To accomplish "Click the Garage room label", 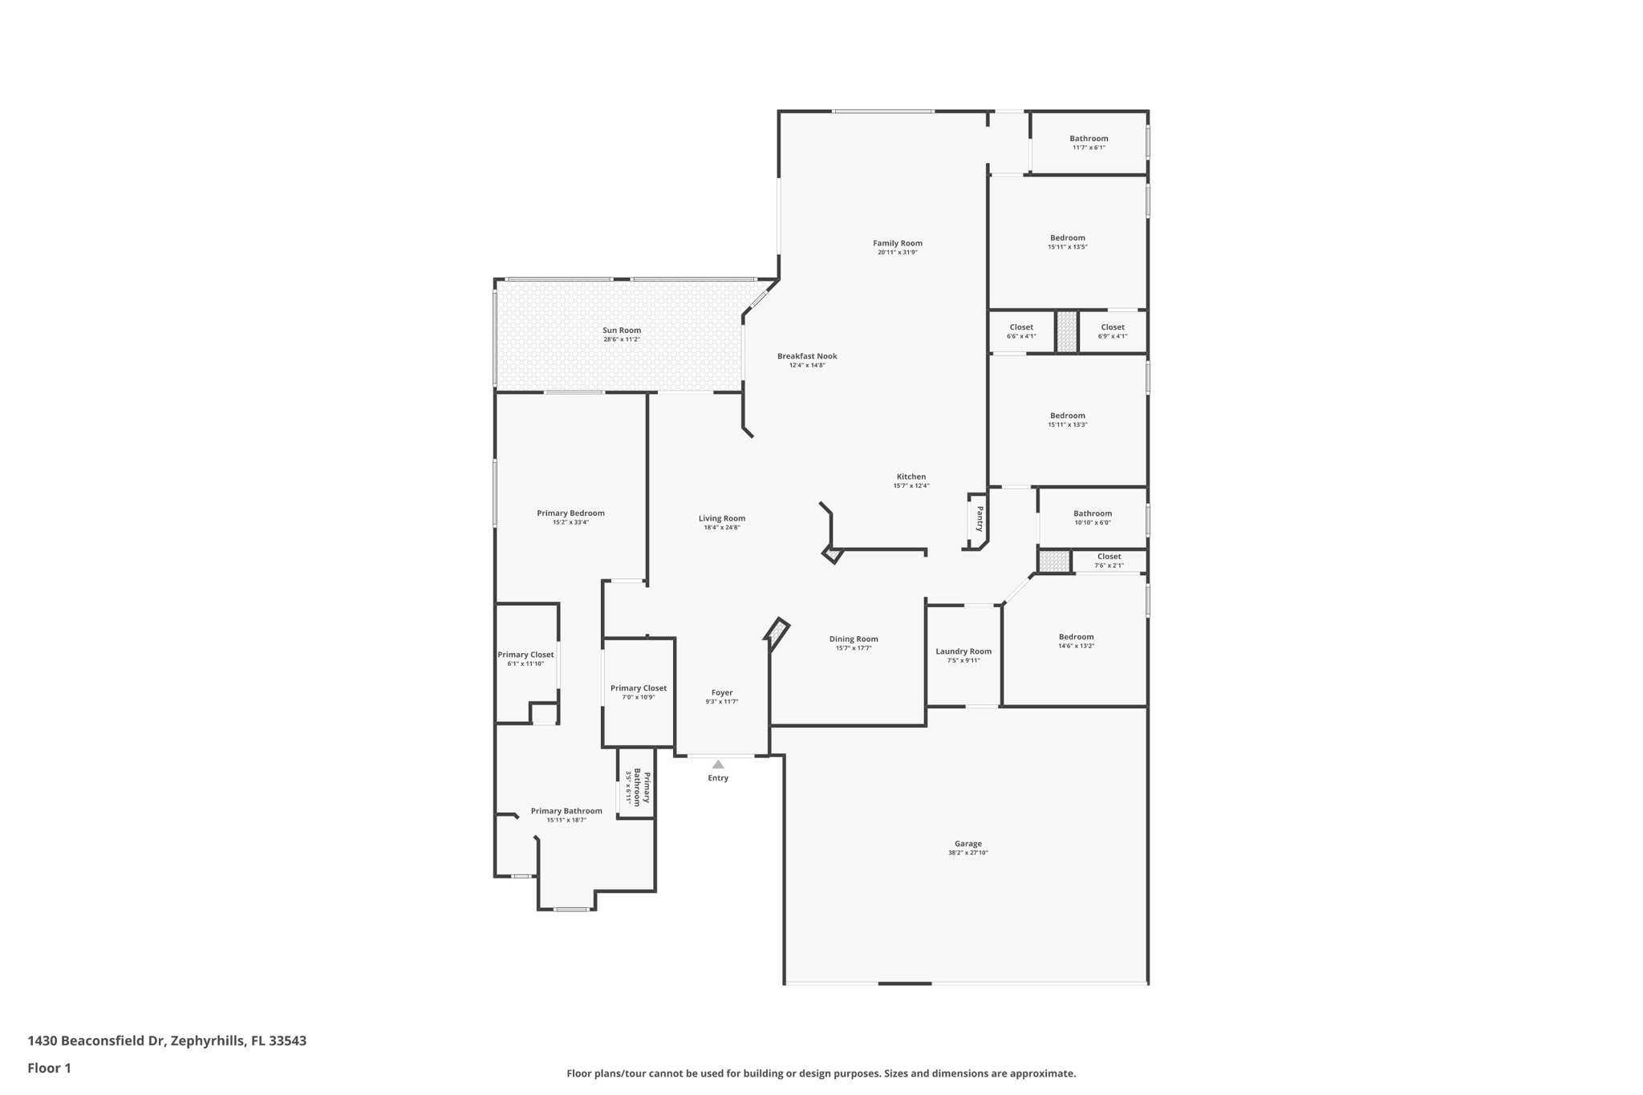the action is click(968, 843).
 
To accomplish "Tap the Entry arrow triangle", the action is click(718, 764).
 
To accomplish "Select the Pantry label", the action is click(980, 518).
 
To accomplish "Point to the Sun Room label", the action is click(622, 330).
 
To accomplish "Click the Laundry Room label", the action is click(963, 651).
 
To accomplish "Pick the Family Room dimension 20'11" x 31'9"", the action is click(898, 252).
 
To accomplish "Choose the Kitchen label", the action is click(911, 477).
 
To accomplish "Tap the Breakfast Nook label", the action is click(807, 356).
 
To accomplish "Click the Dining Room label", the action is click(854, 639).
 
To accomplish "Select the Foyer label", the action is click(722, 692).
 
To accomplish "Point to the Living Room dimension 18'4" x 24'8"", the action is click(722, 527).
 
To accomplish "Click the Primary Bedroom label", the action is click(570, 513).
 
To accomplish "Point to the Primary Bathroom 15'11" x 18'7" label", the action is click(566, 815).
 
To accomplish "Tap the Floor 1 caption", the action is click(49, 1069).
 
